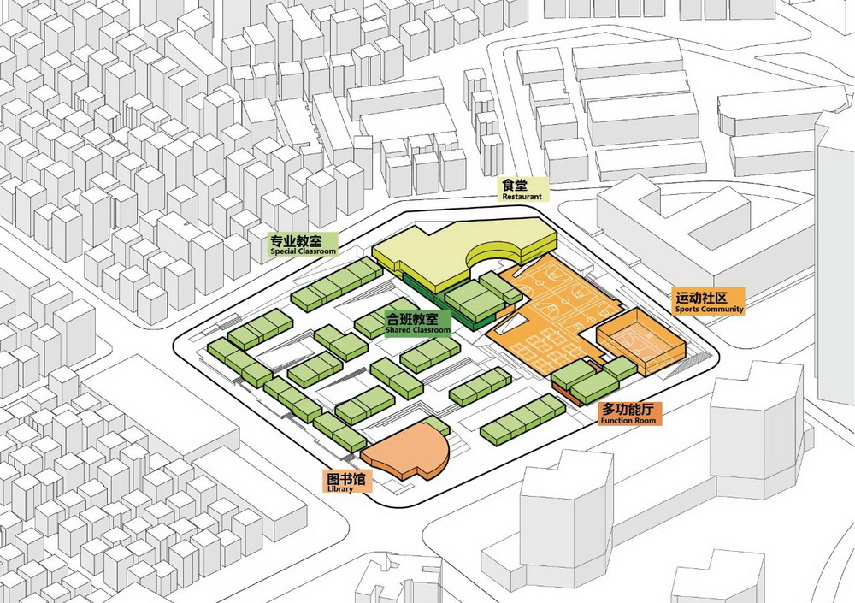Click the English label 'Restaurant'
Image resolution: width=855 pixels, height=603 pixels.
(522, 197)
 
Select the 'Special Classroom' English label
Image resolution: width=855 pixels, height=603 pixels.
(303, 251)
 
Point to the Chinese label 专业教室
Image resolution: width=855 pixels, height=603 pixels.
(303, 239)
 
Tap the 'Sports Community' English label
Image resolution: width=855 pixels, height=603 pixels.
(710, 309)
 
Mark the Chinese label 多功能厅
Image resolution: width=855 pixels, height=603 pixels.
(629, 410)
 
